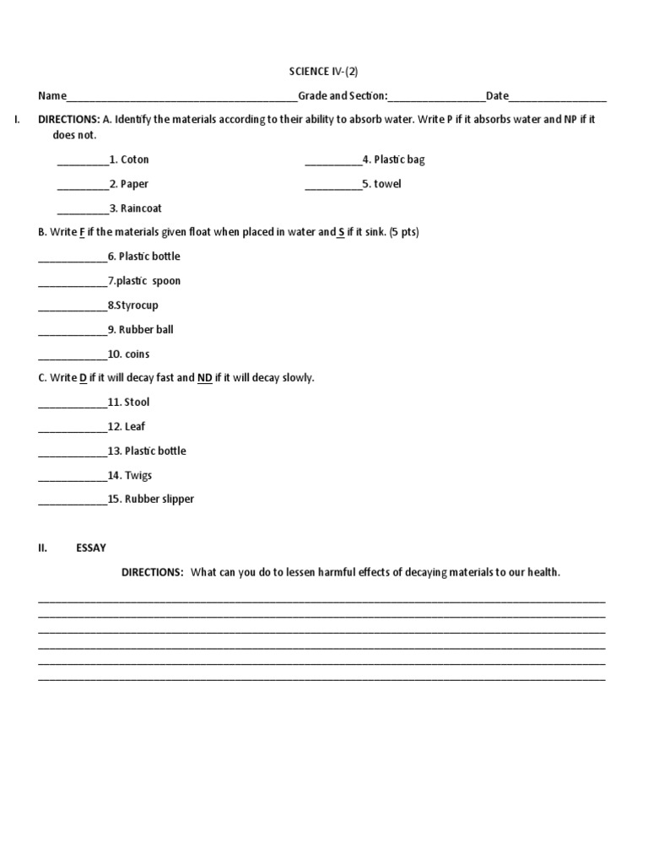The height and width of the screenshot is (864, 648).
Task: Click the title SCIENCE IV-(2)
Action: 323,72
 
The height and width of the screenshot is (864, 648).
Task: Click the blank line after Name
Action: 181,98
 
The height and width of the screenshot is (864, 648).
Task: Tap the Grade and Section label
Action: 342,96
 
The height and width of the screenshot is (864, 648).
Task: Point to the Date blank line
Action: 558,98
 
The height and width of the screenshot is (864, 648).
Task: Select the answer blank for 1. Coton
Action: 83,161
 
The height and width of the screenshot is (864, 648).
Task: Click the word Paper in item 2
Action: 135,184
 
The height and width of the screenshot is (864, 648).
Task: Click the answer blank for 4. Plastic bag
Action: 332,161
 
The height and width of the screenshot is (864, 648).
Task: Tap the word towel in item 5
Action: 388,184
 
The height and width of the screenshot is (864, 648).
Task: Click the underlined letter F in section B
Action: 83,232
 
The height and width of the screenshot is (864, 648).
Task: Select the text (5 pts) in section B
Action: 403,232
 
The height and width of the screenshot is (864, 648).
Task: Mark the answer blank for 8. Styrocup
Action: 73,307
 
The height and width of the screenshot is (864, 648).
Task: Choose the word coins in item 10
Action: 138,354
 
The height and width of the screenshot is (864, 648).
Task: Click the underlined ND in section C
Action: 204,377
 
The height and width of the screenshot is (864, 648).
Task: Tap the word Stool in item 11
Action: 137,402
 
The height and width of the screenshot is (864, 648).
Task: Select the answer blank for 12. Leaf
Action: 73,429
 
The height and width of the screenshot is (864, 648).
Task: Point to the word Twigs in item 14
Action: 138,475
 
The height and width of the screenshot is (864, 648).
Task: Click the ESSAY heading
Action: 91,548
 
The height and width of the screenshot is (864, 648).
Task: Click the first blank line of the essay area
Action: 321,601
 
